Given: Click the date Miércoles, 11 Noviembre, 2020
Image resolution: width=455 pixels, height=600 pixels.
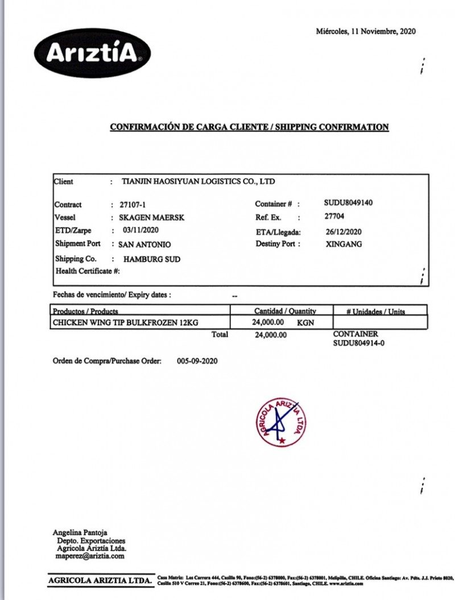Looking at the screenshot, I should pos(366,31).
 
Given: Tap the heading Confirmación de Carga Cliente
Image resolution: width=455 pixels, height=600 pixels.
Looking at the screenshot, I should pos(249,127).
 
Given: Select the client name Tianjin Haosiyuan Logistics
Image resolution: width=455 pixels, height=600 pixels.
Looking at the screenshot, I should pos(198,182).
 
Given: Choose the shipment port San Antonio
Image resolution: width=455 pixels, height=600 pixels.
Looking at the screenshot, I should pos(144,245).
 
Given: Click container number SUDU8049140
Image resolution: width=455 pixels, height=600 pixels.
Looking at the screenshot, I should pos(348,202).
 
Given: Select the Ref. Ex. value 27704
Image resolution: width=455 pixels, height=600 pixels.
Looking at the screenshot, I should pos(334,217).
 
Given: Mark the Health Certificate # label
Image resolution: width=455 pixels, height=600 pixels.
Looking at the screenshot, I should pos(88,271).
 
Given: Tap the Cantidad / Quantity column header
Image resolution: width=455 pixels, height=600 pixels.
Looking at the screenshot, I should pos(285,311).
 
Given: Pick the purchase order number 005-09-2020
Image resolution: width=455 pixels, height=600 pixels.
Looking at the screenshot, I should pos(197,361).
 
